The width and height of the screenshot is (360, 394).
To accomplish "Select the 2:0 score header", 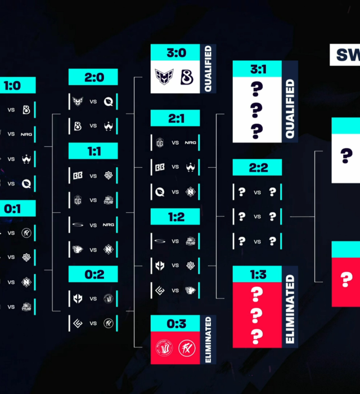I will (x=93, y=77).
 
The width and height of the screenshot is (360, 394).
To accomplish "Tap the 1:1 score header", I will (x=93, y=151).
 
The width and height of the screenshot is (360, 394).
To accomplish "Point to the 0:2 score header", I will (x=93, y=274).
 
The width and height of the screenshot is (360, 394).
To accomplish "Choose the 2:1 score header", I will (x=175, y=118).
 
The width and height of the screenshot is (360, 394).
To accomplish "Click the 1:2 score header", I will (x=175, y=217).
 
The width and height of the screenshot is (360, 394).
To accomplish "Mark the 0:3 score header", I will (x=175, y=323).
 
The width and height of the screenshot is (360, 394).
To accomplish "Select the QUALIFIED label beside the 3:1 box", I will (x=290, y=109).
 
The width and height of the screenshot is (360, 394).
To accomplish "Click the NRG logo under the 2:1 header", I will (x=191, y=142).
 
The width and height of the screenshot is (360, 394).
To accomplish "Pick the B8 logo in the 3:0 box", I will (x=186, y=78).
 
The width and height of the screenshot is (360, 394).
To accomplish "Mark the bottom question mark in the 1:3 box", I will (x=256, y=337).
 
